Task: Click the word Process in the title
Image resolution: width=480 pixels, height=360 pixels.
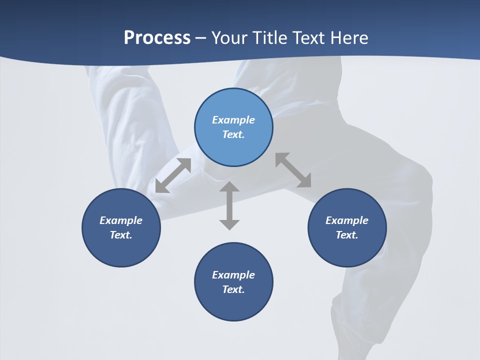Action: click(x=157, y=38)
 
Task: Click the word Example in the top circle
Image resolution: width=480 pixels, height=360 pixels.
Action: click(x=233, y=120)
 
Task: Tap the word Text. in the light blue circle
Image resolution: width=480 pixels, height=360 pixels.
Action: click(x=233, y=134)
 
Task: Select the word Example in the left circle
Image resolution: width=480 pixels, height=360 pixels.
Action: click(x=121, y=220)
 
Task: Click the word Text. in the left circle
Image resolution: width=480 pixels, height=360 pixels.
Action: click(x=121, y=235)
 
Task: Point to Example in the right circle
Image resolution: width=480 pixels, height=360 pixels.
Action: click(x=347, y=220)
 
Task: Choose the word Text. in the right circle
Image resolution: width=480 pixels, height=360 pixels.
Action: click(x=347, y=235)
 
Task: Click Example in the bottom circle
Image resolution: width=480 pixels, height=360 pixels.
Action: click(x=233, y=275)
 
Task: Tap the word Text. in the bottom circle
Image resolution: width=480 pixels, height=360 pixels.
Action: click(x=233, y=289)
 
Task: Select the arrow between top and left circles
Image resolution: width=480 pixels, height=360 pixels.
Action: click(x=173, y=175)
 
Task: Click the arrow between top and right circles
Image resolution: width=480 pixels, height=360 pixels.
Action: click(x=293, y=170)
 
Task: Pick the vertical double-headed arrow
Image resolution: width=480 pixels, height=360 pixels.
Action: click(x=229, y=205)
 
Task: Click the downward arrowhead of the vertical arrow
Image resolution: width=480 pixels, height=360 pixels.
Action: click(x=229, y=224)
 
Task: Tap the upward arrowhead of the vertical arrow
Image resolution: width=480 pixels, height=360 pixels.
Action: click(x=229, y=187)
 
